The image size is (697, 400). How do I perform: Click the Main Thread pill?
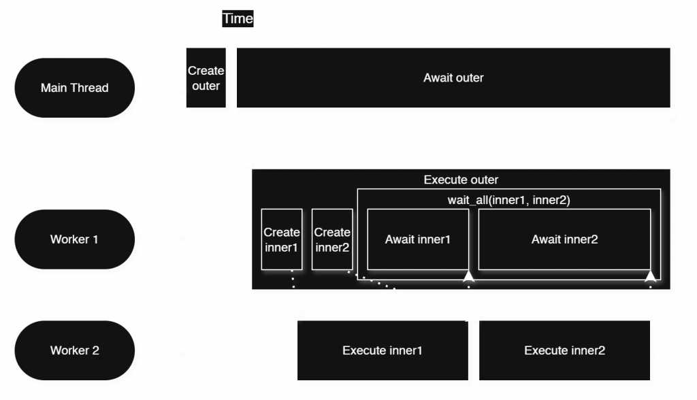[74, 88]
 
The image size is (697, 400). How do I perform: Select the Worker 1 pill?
[74, 239]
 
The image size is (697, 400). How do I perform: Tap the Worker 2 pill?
[74, 351]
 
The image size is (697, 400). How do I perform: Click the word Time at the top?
[238, 18]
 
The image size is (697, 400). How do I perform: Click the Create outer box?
[206, 78]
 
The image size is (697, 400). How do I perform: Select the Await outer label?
[453, 78]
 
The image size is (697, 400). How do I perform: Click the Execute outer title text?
[461, 180]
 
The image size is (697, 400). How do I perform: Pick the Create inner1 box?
[281, 239]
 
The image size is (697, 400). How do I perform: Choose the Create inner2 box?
[332, 239]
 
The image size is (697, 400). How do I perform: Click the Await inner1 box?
[417, 239]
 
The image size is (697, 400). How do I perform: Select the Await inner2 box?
[564, 239]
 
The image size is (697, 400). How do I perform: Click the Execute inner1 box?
[383, 351]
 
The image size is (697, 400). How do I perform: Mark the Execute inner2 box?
[564, 351]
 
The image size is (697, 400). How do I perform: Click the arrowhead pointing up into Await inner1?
[469, 276]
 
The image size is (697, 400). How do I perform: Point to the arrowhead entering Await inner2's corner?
[650, 276]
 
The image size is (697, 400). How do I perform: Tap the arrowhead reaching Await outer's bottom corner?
[672, 119]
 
